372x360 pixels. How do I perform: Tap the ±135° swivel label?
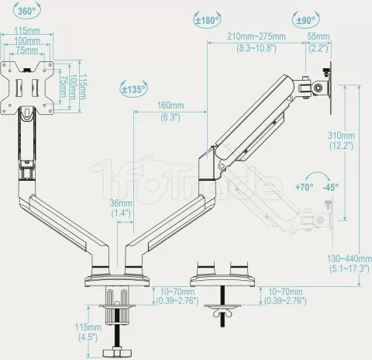[134, 89]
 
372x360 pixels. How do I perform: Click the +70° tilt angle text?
[305, 187]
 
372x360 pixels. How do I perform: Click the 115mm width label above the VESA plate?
[27, 32]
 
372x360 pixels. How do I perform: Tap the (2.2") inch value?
[318, 47]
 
